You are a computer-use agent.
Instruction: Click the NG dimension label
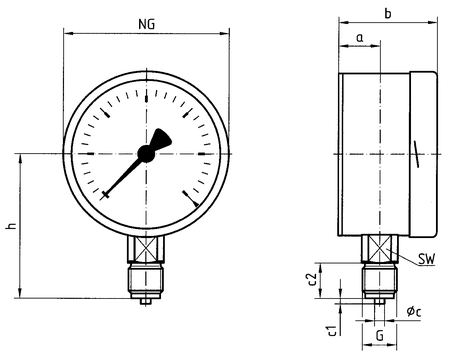(x=147, y=24)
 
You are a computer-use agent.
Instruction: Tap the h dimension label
(x=11, y=226)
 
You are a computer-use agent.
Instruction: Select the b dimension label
(x=388, y=13)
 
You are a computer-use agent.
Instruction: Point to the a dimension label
(x=359, y=38)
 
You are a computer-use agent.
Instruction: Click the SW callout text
(x=427, y=259)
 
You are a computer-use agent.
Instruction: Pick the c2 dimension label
(x=313, y=280)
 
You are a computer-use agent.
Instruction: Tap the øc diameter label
(x=414, y=312)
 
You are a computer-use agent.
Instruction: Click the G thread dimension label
(x=380, y=335)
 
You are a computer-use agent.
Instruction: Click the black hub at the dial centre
(x=146, y=154)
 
